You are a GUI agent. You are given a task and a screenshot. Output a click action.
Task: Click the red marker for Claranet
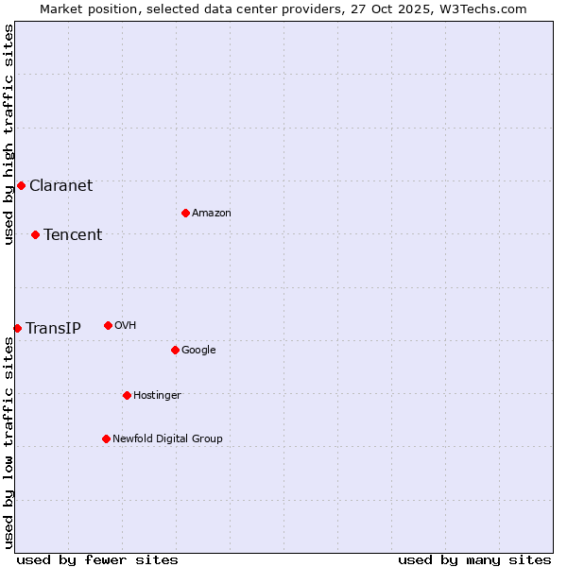pos(21,185)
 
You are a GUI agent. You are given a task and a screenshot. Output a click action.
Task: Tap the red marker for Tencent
pos(35,234)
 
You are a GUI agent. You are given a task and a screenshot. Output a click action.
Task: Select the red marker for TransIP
pos(17,328)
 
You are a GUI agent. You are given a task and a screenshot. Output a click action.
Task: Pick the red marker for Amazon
pos(185,213)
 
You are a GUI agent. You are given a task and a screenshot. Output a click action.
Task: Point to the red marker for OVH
pos(108,325)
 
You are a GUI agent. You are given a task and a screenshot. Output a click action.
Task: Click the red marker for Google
pos(175,350)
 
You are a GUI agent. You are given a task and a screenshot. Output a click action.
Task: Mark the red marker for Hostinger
pos(127,395)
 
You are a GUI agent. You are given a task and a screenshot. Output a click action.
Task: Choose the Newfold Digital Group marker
pos(106,438)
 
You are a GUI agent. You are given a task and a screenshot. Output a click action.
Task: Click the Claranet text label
pos(60,185)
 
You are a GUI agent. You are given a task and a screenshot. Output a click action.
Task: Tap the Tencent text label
pos(73,234)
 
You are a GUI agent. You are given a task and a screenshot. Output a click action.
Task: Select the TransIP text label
pos(53,328)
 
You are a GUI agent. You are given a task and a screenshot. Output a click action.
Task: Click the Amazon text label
pos(212,213)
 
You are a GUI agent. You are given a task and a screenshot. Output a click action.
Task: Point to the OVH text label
pos(126,325)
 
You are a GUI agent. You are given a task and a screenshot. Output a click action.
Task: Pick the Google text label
pos(198,350)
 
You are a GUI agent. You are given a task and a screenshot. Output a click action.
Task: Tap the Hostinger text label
pos(157,395)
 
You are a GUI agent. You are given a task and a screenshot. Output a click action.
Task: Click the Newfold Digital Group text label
pos(167,438)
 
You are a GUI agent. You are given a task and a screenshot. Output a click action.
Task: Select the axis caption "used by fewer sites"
pos(97,559)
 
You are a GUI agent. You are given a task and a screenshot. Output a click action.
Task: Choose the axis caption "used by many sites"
pos(474,559)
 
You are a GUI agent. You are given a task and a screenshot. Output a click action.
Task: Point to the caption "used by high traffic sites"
pos(9,134)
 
